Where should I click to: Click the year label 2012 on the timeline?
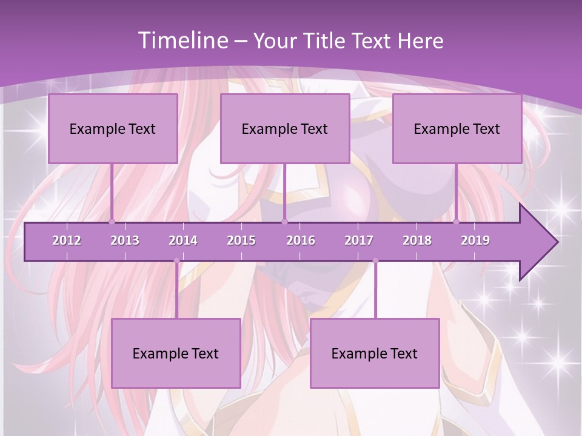[67, 240]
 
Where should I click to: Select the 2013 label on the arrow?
[125, 240]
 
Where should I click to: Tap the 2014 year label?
[183, 240]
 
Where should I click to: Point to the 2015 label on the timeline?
[241, 240]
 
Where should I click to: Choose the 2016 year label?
[301, 240]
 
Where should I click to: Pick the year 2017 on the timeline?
[359, 240]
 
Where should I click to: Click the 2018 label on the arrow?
[417, 240]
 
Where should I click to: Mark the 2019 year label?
[475, 240]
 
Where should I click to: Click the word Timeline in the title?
[182, 41]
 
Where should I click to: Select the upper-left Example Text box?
[113, 128]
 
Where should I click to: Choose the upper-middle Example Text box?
[285, 128]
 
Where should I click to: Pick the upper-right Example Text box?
[457, 128]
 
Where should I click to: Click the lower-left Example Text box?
[176, 353]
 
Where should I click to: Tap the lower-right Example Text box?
[375, 353]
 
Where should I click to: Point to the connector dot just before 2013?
[112, 222]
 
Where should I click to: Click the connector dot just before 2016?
[284, 222]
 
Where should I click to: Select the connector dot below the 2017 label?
[375, 261]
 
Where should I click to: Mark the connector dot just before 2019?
[457, 222]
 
